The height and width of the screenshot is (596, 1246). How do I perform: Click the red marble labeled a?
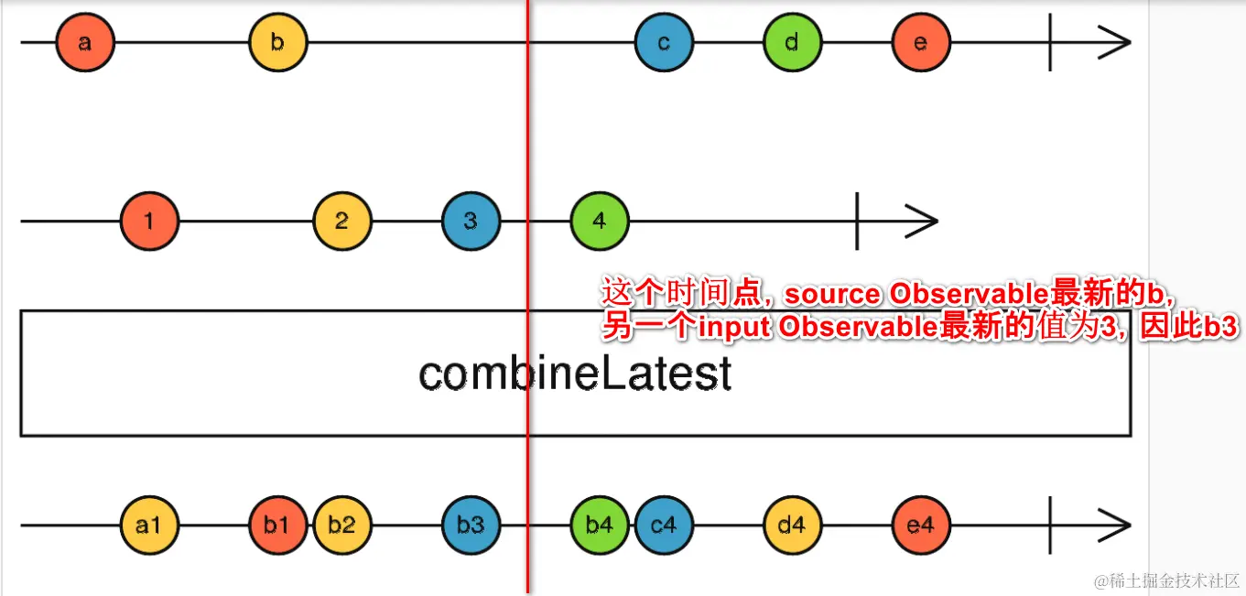[85, 42]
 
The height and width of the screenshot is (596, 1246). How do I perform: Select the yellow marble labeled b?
[278, 42]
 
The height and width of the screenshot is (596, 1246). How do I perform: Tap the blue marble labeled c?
[664, 42]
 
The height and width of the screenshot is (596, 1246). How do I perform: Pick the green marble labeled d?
[793, 42]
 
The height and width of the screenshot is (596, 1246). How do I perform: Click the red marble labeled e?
[921, 42]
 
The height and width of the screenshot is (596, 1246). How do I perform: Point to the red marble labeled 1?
[149, 221]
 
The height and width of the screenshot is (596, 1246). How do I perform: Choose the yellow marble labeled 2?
[342, 221]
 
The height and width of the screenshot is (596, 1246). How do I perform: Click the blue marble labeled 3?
[471, 221]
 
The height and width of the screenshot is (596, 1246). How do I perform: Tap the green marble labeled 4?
[600, 221]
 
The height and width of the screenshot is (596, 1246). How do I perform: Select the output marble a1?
[149, 526]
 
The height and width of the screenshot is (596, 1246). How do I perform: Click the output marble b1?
[277, 526]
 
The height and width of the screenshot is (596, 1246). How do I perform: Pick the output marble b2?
[342, 526]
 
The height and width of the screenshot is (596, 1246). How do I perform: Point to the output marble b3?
[471, 526]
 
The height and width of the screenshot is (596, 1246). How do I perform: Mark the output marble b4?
[600, 526]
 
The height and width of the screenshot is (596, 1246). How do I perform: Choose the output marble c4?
[664, 526]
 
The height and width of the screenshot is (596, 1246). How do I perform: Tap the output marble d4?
[793, 526]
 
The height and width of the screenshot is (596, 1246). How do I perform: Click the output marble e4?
[921, 526]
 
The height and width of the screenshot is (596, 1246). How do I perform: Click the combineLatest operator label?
[575, 374]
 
